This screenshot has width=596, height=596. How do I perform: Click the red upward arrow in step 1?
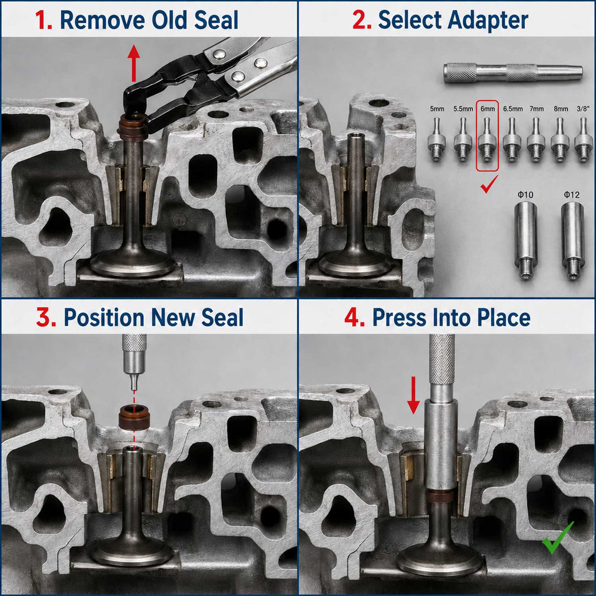click(133, 63)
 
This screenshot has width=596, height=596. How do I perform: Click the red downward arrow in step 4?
click(414, 395)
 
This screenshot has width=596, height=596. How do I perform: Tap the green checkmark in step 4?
click(557, 538)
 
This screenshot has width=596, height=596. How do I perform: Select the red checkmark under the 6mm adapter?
click(489, 184)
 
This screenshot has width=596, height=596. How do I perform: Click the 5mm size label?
click(437, 109)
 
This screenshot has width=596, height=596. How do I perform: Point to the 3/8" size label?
click(583, 109)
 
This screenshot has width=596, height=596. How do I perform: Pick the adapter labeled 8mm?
click(560, 139)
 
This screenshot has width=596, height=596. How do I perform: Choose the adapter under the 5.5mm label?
click(463, 139)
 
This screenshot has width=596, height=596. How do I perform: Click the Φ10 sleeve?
click(526, 240)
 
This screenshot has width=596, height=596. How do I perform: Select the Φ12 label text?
click(572, 195)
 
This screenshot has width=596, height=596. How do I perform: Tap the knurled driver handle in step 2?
click(513, 73)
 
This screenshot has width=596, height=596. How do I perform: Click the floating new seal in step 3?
click(134, 417)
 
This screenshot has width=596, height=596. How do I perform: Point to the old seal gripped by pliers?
click(132, 127)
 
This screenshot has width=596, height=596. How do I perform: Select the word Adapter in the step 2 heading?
click(488, 20)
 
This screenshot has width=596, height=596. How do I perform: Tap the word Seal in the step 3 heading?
click(222, 317)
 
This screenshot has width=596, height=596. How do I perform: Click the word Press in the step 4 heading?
click(399, 317)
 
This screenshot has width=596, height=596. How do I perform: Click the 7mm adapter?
click(536, 139)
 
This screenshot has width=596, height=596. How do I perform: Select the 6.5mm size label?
click(513, 109)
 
